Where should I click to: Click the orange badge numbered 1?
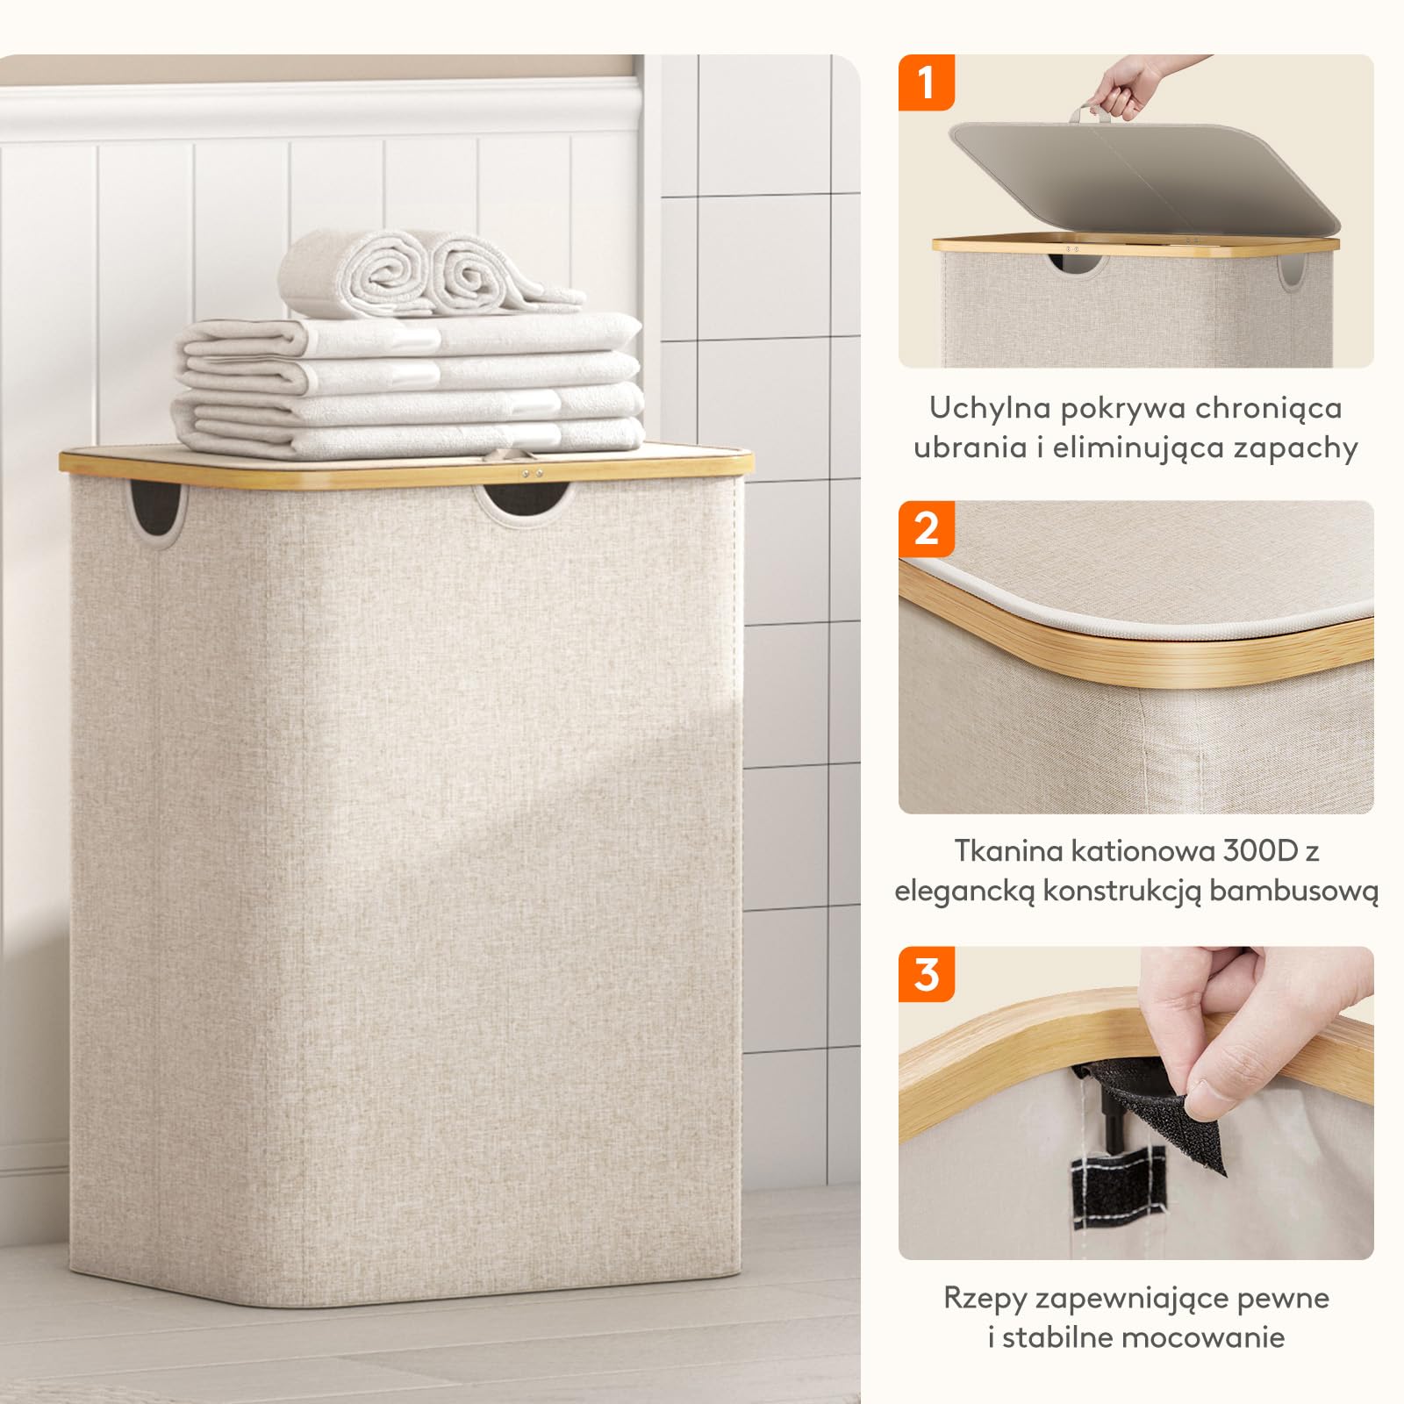click(x=926, y=82)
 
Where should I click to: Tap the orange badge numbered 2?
click(x=926, y=528)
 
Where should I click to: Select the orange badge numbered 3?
click(x=926, y=974)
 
